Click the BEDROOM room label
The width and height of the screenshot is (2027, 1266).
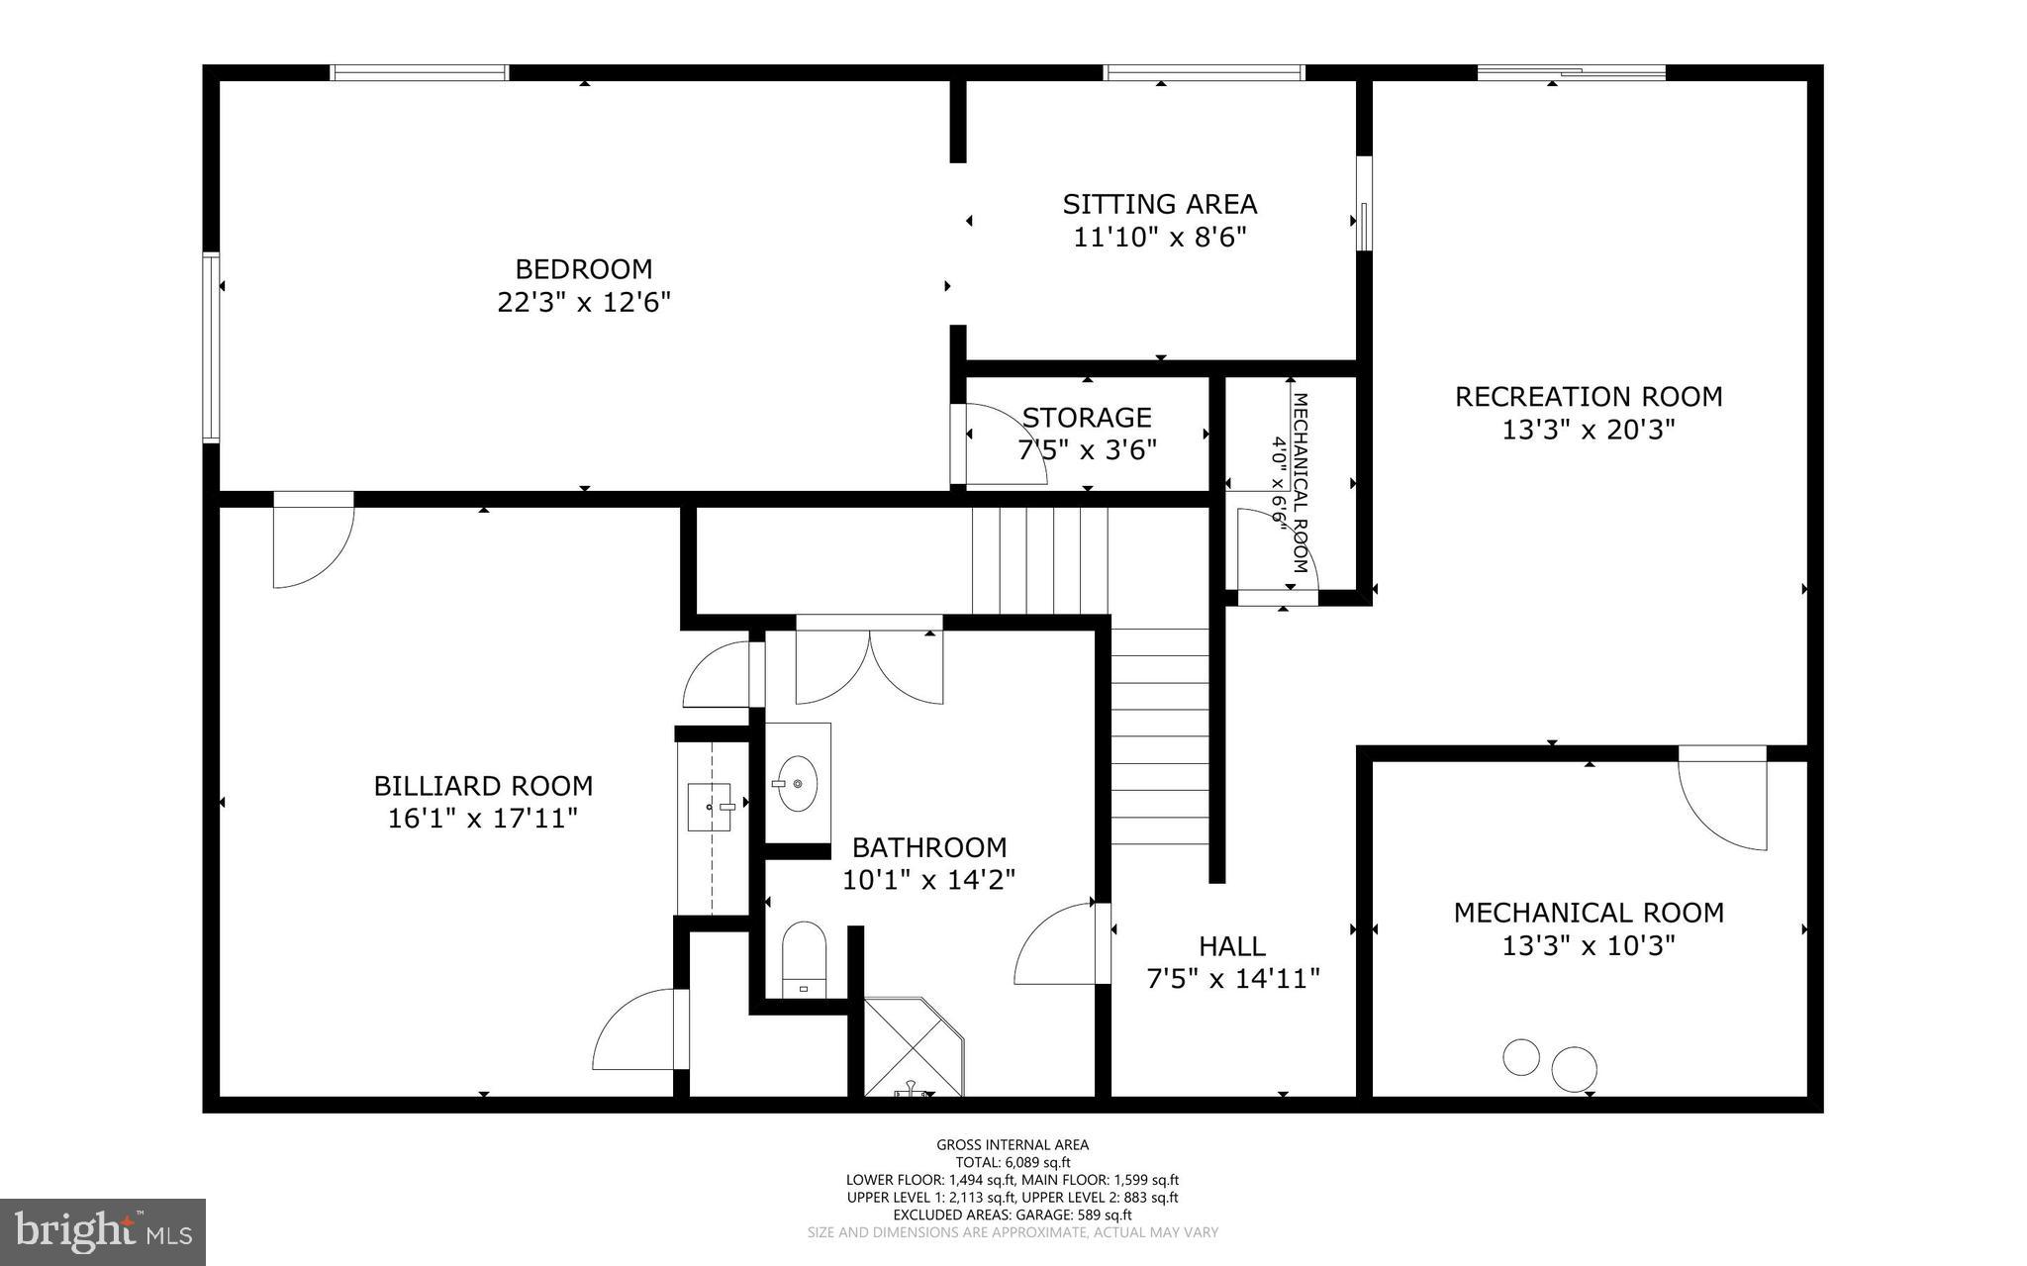[584, 268]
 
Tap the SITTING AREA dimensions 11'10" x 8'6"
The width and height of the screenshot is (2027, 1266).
[1159, 238]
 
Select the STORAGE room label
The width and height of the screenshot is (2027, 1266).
[1087, 418]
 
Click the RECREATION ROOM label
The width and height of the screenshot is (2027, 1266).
[1588, 397]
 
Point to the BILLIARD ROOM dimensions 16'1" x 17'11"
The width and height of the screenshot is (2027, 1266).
[483, 819]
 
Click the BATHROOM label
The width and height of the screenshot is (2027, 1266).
[929, 847]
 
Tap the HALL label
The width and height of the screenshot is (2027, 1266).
[1231, 945]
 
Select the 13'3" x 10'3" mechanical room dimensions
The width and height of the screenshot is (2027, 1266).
[1588, 945]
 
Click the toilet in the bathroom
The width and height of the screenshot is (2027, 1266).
[804, 957]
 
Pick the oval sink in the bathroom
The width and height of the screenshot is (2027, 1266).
[797, 783]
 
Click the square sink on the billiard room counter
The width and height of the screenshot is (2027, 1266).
[710, 806]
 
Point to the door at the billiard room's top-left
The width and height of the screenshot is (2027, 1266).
[312, 542]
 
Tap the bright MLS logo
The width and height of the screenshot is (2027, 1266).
[102, 1230]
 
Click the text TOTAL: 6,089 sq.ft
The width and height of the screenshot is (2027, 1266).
[1013, 1163]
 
